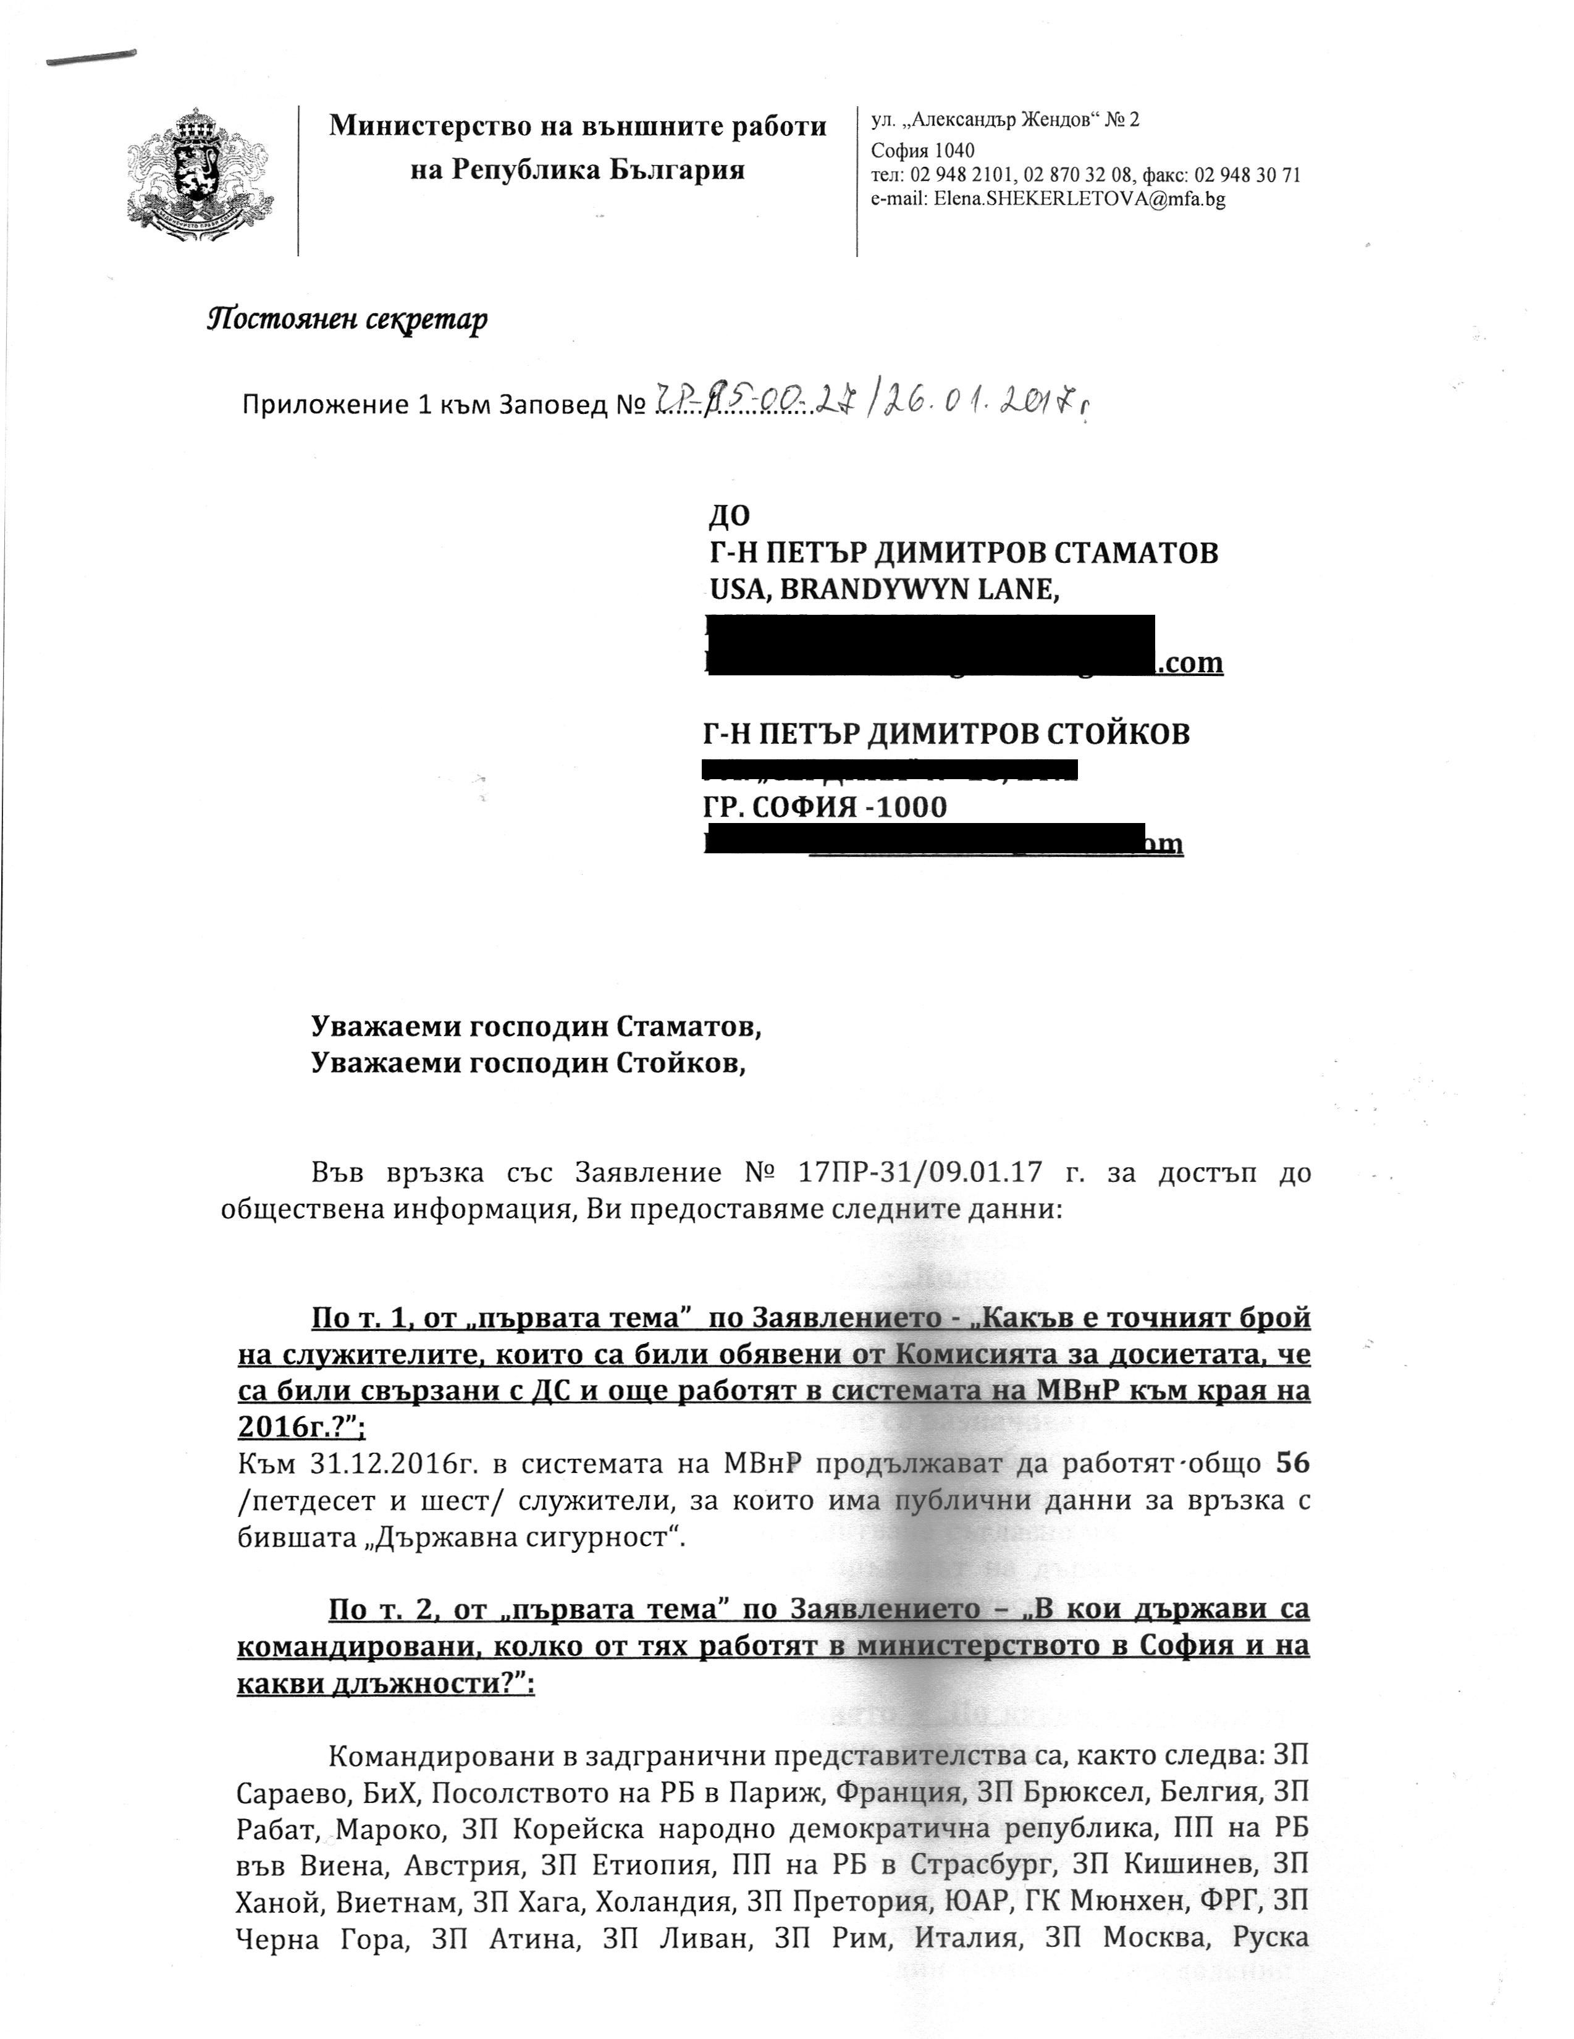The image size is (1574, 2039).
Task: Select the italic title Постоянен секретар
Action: pyautogui.click(x=347, y=319)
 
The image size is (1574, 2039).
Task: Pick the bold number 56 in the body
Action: pyautogui.click(x=1292, y=1463)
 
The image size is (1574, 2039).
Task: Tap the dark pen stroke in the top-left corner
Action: pyautogui.click(x=91, y=58)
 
